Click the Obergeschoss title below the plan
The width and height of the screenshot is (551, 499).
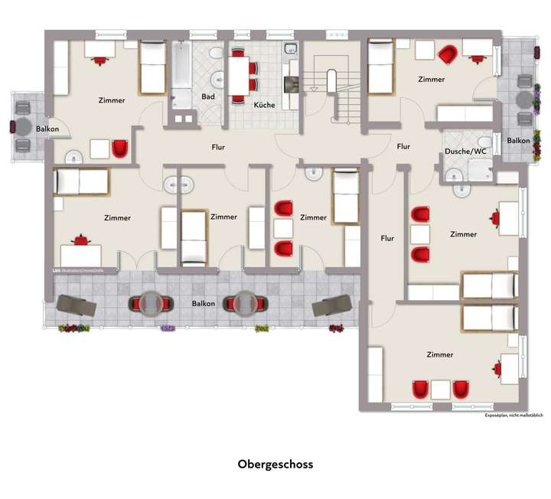point(275,464)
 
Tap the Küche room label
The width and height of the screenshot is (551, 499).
point(264,104)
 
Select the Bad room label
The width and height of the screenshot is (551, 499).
point(208,96)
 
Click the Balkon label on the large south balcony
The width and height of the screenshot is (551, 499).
point(204,303)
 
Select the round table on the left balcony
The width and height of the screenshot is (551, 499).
point(24,127)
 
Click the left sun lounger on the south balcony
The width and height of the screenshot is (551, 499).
point(77,305)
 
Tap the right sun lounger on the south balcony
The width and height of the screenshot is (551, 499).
point(331,305)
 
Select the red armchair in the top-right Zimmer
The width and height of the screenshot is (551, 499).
point(448,54)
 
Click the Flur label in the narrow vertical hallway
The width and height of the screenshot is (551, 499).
point(388,238)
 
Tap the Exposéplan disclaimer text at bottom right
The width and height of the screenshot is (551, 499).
point(514,416)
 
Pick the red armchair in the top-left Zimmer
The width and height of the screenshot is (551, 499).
point(120,148)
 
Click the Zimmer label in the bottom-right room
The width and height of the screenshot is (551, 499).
point(440,354)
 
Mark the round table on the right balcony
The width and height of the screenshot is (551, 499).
point(523,99)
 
